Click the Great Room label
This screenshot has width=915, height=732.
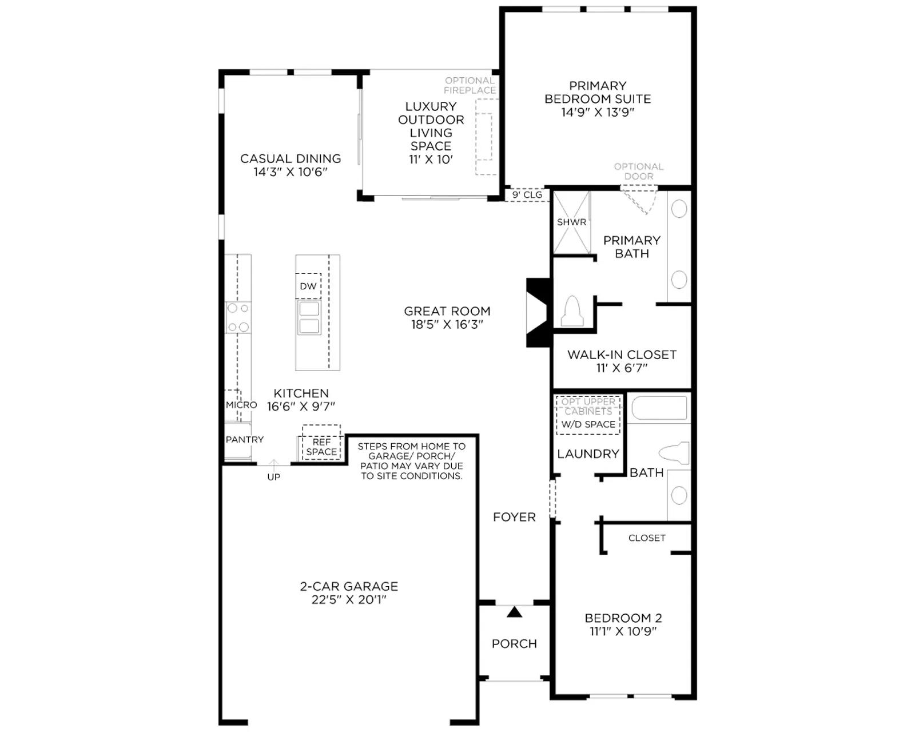447,317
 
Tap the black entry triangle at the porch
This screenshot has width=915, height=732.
514,612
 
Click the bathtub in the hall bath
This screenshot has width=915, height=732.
659,408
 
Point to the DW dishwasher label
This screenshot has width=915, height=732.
308,287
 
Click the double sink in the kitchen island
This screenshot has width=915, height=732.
309,317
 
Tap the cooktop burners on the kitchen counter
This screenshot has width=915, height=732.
238,317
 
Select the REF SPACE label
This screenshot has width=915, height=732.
321,447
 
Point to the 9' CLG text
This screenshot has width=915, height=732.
527,195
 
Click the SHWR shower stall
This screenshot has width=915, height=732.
571,222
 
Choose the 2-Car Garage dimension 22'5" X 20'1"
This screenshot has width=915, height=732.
349,600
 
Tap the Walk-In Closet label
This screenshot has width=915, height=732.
622,355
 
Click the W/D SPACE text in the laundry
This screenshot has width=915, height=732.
588,424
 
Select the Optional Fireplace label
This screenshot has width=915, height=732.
470,85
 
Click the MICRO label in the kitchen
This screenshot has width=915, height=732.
241,405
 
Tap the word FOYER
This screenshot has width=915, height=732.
514,517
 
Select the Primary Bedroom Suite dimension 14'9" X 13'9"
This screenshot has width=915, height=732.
598,112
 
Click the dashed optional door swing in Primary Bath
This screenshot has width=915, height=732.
639,200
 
